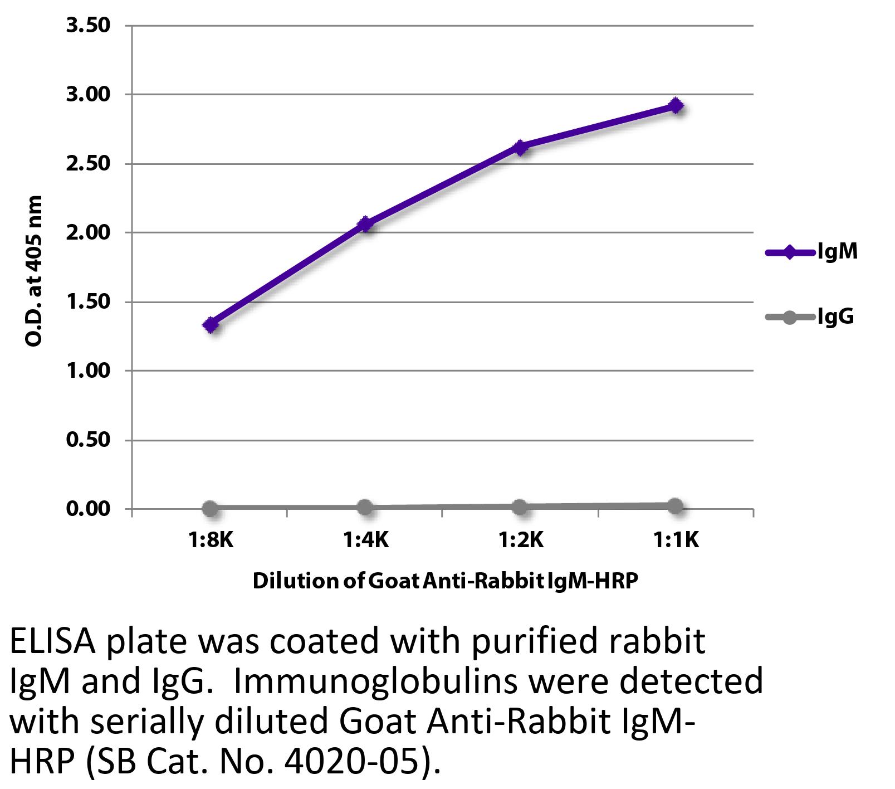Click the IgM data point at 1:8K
[211, 325]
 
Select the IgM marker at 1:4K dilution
[365, 224]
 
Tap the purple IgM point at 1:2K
[520, 147]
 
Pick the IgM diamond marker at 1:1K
[676, 105]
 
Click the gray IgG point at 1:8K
[210, 508]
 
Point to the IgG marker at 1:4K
[365, 507]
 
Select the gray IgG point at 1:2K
[520, 506]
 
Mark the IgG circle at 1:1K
[675, 506]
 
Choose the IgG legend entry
[810, 317]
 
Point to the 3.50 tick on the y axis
[88, 26]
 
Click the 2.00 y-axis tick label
[88, 232]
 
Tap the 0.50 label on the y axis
[88, 440]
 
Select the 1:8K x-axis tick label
[211, 539]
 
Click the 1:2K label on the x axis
[520, 539]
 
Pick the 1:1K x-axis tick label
[676, 539]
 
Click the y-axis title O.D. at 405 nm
[34, 271]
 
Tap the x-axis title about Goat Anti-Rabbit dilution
[445, 581]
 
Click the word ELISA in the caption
[53, 641]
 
